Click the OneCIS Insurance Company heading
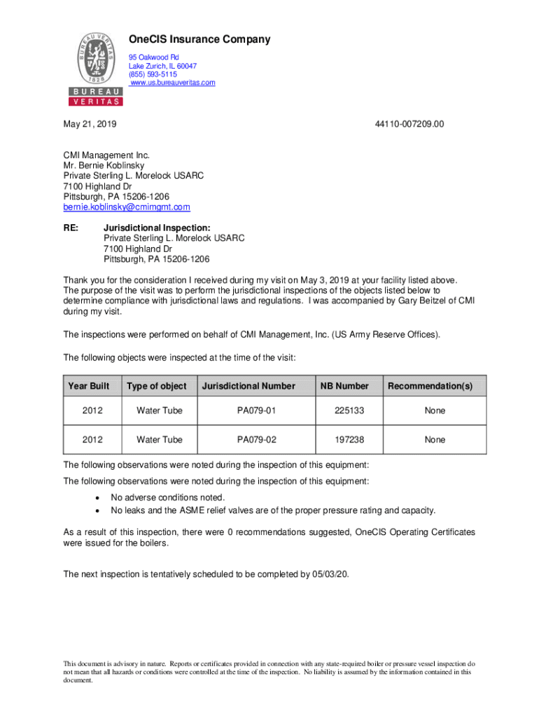click(199, 40)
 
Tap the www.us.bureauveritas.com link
click(173, 83)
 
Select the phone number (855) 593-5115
click(153, 74)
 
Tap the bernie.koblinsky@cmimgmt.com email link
click(127, 207)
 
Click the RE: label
click(71, 228)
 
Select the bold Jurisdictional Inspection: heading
click(157, 228)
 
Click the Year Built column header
click(89, 386)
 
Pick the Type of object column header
click(157, 386)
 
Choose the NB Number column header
click(344, 386)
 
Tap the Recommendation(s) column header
click(430, 386)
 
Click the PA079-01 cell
click(257, 410)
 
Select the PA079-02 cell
click(257, 440)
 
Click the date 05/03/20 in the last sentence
click(330, 575)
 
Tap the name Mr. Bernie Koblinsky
click(104, 166)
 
